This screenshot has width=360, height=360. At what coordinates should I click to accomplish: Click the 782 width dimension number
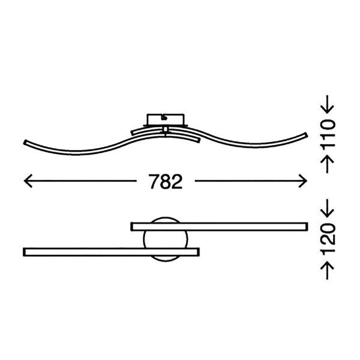tap(166, 181)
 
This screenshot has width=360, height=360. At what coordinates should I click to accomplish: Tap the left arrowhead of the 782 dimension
tap(28, 181)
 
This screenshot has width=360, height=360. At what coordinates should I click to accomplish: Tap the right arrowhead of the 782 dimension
tap(303, 181)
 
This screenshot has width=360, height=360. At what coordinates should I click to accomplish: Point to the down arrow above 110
tap(327, 104)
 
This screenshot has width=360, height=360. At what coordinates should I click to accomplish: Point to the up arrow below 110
tap(327, 164)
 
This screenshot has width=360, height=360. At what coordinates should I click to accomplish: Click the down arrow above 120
tap(327, 208)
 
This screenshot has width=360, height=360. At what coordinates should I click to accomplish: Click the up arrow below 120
tap(327, 271)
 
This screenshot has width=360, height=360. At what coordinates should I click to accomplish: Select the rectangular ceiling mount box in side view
tap(166, 119)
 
